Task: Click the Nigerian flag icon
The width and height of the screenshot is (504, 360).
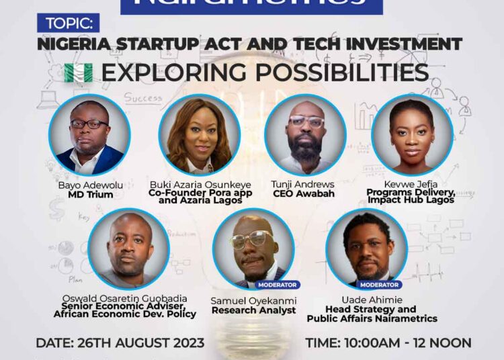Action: (x=77, y=73)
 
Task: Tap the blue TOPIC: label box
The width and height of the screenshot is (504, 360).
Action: (x=70, y=24)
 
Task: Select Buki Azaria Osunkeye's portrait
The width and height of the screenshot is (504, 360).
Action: (x=199, y=134)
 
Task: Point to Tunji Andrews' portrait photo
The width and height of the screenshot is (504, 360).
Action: (x=306, y=134)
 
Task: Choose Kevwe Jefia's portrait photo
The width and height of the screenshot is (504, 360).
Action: (x=413, y=134)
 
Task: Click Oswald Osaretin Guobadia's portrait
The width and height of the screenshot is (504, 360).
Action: (x=128, y=249)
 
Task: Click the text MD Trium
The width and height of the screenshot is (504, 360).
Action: (x=89, y=195)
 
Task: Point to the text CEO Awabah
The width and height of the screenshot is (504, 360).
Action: (x=306, y=195)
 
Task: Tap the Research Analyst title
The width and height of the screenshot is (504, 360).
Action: (x=253, y=310)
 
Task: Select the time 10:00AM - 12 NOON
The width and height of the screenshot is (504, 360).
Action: (x=388, y=343)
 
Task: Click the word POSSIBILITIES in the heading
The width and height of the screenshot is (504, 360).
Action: (x=350, y=73)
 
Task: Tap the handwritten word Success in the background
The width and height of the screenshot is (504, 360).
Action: (x=142, y=98)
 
